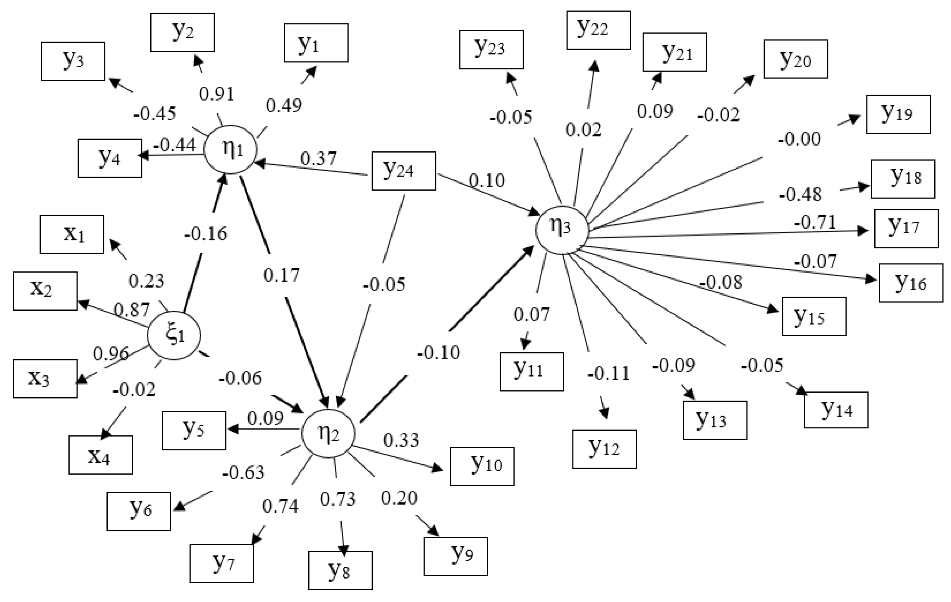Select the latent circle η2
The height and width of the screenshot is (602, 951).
(x=328, y=434)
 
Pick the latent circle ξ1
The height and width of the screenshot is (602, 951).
(x=174, y=336)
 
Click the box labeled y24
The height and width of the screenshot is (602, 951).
(x=404, y=171)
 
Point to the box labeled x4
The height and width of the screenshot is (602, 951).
(x=100, y=455)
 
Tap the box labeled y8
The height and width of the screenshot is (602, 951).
(x=340, y=570)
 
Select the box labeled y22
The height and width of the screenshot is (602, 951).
(x=598, y=30)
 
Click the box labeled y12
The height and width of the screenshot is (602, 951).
(x=604, y=449)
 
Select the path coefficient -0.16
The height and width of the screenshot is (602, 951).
(x=205, y=234)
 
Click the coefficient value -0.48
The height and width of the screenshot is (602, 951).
(x=800, y=194)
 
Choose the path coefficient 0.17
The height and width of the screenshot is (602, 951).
(x=281, y=275)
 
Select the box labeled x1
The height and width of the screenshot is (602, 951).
(x=72, y=235)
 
